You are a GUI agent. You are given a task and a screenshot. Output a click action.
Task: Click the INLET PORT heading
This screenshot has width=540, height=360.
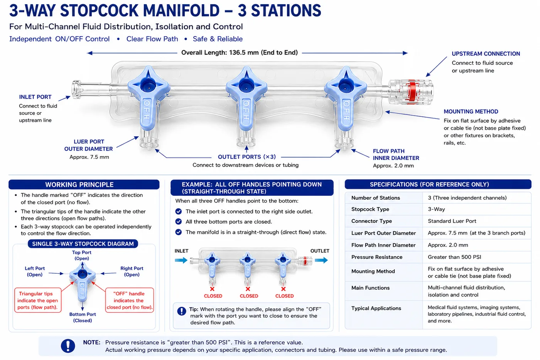[35, 97]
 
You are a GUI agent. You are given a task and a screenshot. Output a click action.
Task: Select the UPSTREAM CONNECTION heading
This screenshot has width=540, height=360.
[486, 54]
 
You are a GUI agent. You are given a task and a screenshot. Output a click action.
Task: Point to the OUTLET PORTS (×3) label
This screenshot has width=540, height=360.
[246, 157]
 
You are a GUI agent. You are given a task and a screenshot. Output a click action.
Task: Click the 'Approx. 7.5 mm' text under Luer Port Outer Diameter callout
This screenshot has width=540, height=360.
[89, 157]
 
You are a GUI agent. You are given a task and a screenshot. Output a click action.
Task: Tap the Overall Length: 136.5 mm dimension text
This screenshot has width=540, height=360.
[240, 52]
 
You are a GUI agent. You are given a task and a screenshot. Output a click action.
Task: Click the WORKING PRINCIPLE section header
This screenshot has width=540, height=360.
[79, 185]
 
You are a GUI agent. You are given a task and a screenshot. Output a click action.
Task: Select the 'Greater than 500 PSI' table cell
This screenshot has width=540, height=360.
[454, 257]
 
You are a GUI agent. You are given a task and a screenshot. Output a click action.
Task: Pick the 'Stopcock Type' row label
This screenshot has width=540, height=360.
[370, 209]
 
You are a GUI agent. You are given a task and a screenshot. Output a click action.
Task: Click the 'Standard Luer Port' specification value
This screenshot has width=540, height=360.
[452, 221]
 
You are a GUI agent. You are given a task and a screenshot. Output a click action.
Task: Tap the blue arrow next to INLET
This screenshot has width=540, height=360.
[181, 260]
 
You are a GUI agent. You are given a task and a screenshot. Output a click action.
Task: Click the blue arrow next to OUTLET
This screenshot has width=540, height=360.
[321, 260]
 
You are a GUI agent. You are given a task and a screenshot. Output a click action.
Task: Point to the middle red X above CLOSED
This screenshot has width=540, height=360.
[248, 289]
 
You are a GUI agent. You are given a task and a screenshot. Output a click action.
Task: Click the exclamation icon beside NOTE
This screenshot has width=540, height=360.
[68, 346]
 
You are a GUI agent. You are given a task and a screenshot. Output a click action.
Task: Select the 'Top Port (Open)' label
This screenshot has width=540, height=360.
[82, 256]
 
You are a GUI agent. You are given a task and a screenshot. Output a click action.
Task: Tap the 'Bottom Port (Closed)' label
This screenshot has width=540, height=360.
[83, 317]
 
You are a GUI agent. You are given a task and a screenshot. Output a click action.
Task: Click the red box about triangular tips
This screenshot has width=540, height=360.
[38, 300]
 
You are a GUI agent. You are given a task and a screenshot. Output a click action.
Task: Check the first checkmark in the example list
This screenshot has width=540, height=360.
[178, 211]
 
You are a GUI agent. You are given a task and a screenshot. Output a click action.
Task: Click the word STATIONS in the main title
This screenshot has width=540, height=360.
[286, 11]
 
